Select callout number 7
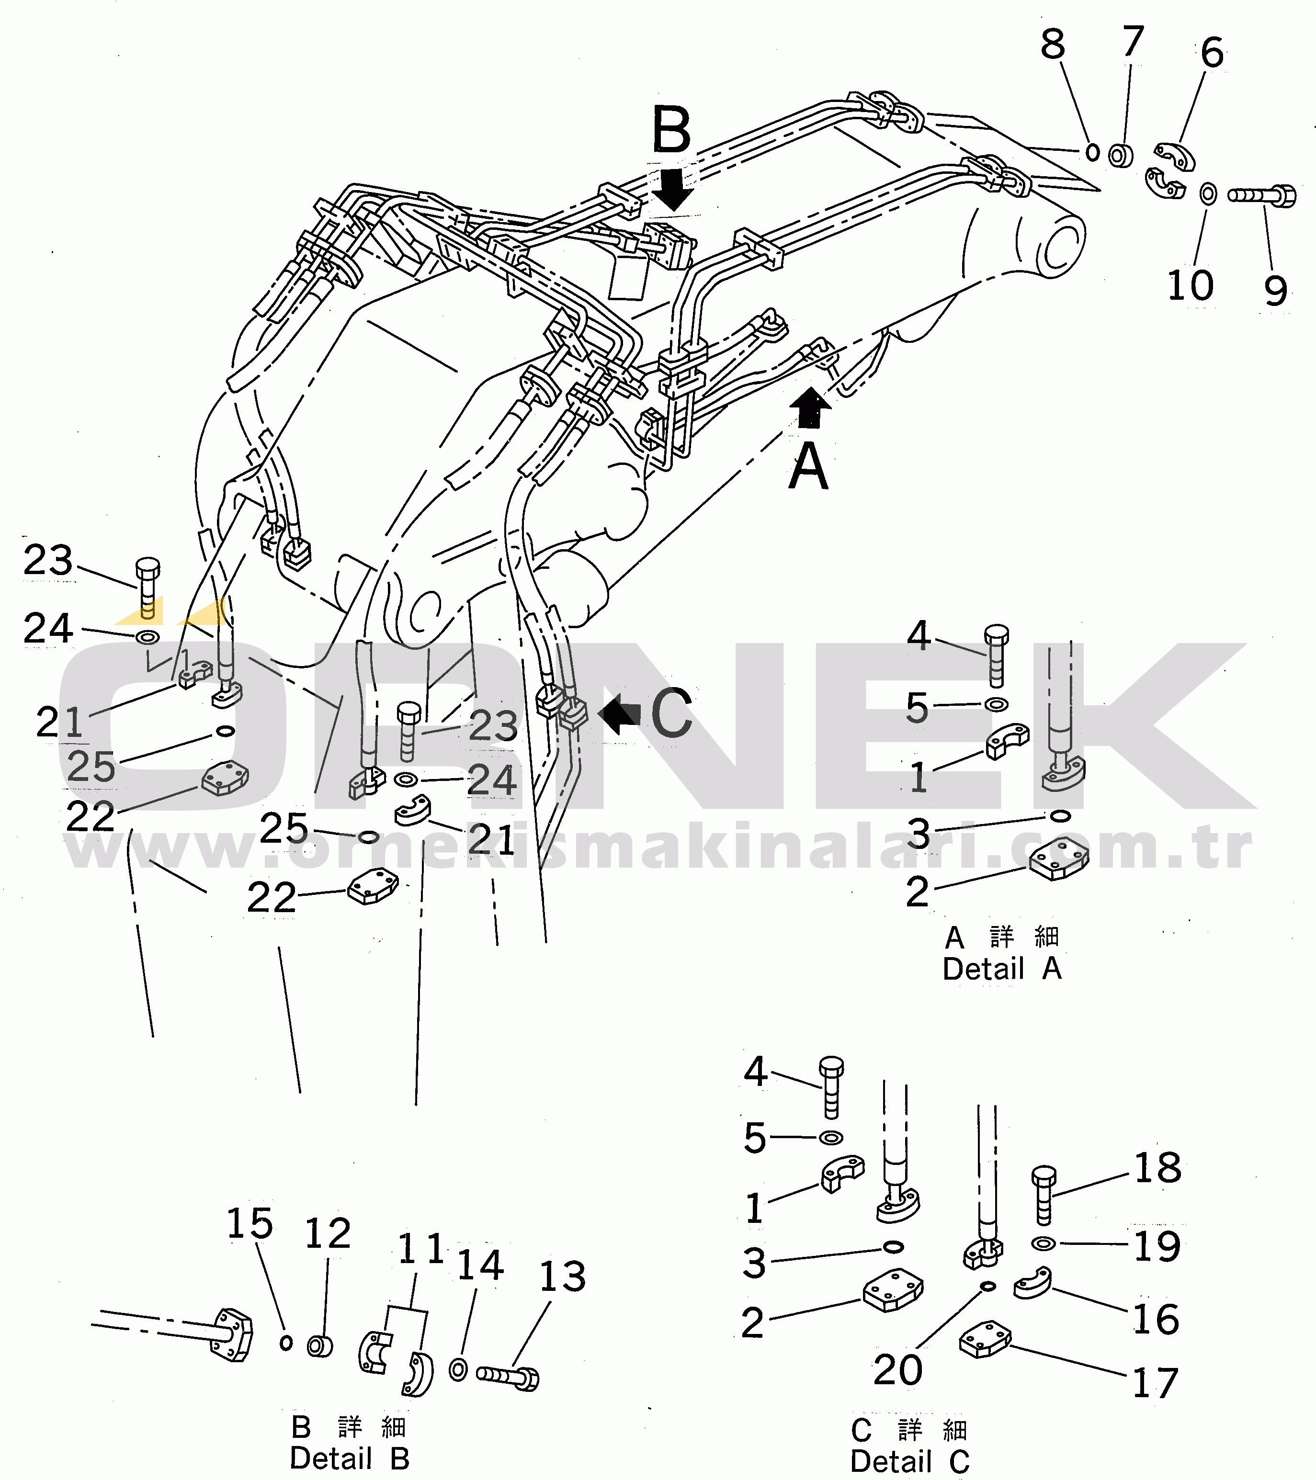click(x=1133, y=41)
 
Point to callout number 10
click(x=1190, y=285)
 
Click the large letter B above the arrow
click(x=671, y=130)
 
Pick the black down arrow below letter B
click(x=673, y=190)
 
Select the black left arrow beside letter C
click(x=619, y=713)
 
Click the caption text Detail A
click(x=1002, y=969)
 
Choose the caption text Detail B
click(x=349, y=1458)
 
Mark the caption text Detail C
click(x=910, y=1461)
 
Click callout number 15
click(x=250, y=1224)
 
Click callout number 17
click(x=1155, y=1383)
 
